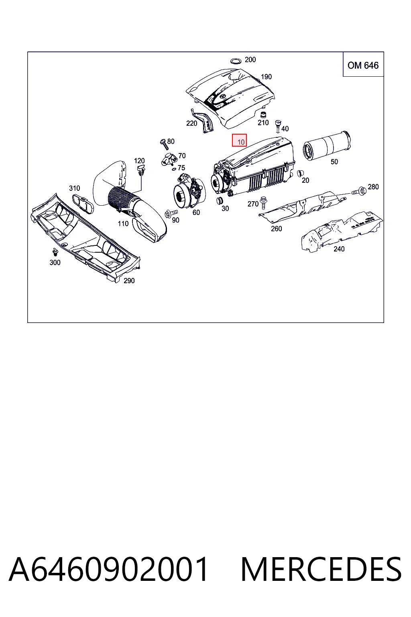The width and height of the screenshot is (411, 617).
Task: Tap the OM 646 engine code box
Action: tap(363, 64)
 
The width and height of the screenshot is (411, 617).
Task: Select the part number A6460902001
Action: tap(108, 569)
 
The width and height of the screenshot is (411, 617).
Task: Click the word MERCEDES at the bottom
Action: tap(321, 569)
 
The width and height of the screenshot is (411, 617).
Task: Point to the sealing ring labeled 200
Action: tap(235, 61)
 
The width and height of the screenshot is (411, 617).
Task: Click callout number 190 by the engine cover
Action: tap(266, 77)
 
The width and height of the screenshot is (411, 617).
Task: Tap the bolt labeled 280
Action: tap(359, 191)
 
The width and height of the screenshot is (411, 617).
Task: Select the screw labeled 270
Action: tap(263, 202)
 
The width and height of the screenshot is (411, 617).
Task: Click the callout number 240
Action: tap(339, 249)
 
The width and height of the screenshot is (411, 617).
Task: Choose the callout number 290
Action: tap(129, 281)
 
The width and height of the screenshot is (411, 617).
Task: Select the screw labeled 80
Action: tap(163, 144)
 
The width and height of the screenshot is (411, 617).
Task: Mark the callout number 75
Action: tap(181, 168)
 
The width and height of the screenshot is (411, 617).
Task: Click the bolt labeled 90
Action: tap(171, 214)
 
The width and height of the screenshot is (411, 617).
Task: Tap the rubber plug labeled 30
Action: tap(219, 200)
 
